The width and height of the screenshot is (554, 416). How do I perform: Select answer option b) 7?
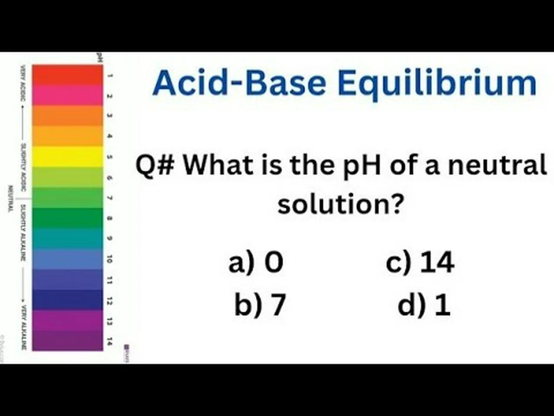pos(260,304)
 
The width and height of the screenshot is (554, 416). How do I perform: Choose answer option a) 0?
pos(256,262)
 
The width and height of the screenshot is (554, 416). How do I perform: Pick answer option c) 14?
pos(420,262)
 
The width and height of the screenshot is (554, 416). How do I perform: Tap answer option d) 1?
pos(424,304)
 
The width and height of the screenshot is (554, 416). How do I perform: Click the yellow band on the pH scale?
pos(68,156)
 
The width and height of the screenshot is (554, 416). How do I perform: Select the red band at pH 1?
pos(68,75)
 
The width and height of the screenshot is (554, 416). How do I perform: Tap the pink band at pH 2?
pos(68,95)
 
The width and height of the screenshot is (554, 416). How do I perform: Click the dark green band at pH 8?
pos(68,218)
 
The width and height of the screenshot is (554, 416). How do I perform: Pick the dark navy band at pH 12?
pos(68,299)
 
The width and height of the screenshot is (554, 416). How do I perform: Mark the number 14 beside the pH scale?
pos(110,341)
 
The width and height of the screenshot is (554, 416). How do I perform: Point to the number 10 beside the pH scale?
pos(110,259)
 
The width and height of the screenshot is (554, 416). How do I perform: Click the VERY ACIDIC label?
pos(23,83)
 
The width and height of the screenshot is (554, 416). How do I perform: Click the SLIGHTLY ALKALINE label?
pos(23,233)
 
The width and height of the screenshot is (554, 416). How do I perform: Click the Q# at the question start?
pos(155,165)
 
